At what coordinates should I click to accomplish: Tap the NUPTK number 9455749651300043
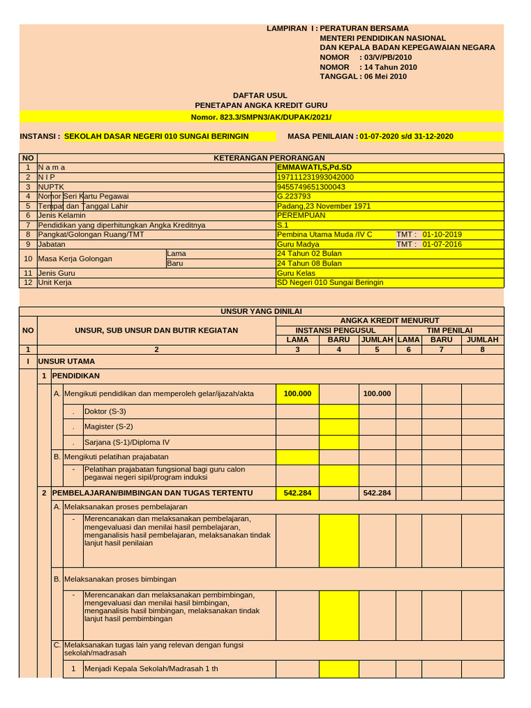310,187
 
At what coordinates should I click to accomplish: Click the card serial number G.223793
293,196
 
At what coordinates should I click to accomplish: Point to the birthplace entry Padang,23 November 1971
324,206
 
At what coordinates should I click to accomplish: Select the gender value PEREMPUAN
301,215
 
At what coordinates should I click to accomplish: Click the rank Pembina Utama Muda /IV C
324,234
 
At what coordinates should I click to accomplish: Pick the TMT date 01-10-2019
442,234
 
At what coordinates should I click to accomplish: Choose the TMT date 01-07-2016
442,244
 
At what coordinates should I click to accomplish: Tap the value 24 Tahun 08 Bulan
309,263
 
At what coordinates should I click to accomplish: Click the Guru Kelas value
296,273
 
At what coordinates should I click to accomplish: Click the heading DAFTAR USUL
260,95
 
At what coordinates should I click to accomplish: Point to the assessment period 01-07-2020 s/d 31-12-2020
407,136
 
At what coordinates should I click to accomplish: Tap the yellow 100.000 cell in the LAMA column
297,393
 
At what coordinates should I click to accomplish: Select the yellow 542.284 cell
297,493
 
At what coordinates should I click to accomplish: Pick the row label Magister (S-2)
109,427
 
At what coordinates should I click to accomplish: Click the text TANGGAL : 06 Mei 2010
363,77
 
